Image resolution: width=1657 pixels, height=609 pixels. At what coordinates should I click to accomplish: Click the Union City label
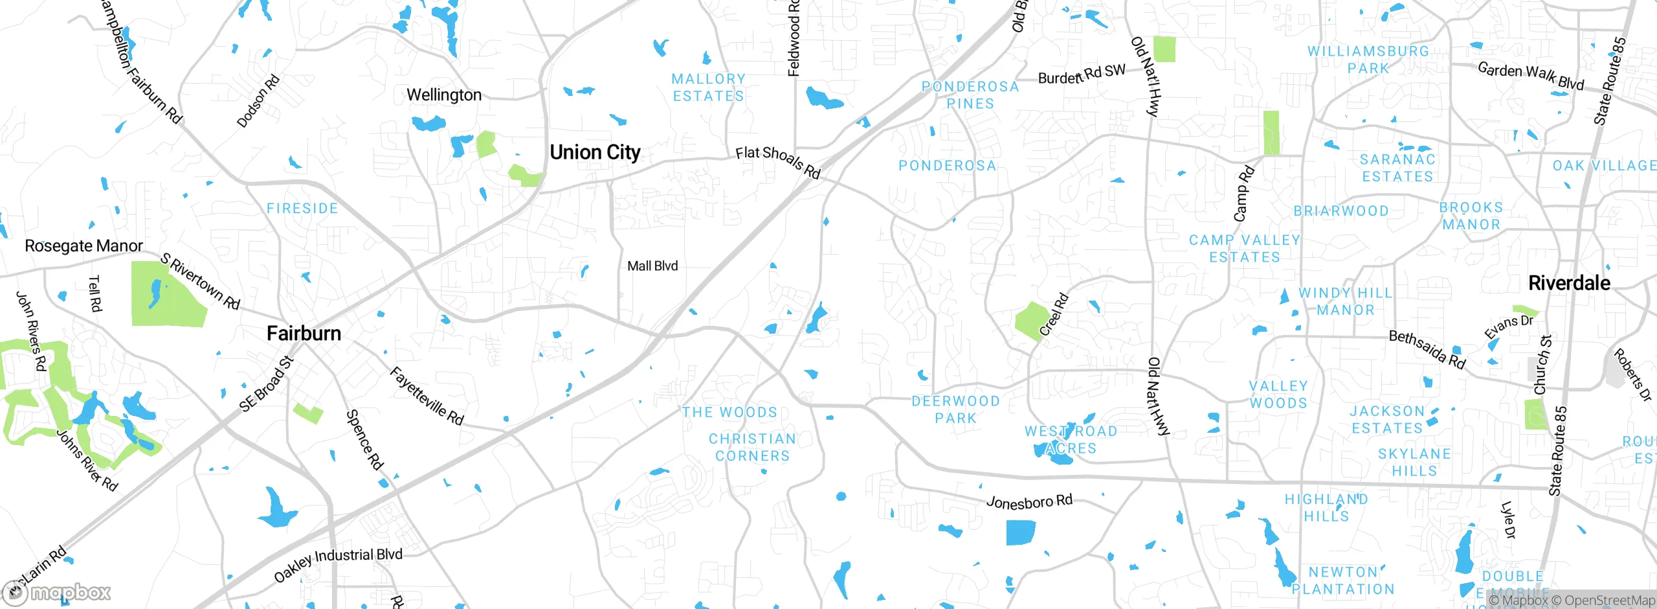click(x=595, y=152)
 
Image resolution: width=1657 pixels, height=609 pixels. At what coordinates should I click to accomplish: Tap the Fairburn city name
click(x=304, y=333)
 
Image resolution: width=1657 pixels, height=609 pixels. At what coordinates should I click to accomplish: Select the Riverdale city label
click(x=1569, y=282)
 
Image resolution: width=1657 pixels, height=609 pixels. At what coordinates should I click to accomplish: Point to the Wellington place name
click(x=444, y=95)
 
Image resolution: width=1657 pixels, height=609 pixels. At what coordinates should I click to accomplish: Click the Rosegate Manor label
click(x=83, y=246)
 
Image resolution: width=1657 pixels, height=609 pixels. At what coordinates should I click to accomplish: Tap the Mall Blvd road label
click(x=652, y=266)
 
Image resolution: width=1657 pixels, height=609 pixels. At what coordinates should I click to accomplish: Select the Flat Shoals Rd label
click(x=778, y=162)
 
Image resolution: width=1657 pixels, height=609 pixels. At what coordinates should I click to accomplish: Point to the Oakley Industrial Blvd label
click(x=338, y=564)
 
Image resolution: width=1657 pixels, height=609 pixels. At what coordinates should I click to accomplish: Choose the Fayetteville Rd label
click(x=427, y=396)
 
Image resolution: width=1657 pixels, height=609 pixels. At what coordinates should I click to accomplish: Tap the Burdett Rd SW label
click(x=1082, y=75)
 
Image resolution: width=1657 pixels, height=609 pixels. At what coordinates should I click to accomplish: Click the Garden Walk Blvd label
click(x=1530, y=76)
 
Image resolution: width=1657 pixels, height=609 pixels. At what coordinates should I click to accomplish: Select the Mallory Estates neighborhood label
click(x=708, y=87)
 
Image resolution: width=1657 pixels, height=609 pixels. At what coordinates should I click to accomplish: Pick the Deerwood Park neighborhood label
click(x=955, y=409)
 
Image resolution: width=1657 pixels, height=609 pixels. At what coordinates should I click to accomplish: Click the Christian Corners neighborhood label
click(x=752, y=447)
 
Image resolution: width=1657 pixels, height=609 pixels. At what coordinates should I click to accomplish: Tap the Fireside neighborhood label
click(x=302, y=209)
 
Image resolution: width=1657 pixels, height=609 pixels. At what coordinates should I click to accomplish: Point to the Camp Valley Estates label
click(x=1245, y=248)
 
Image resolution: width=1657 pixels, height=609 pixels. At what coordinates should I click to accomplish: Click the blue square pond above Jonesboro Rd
click(x=1021, y=533)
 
